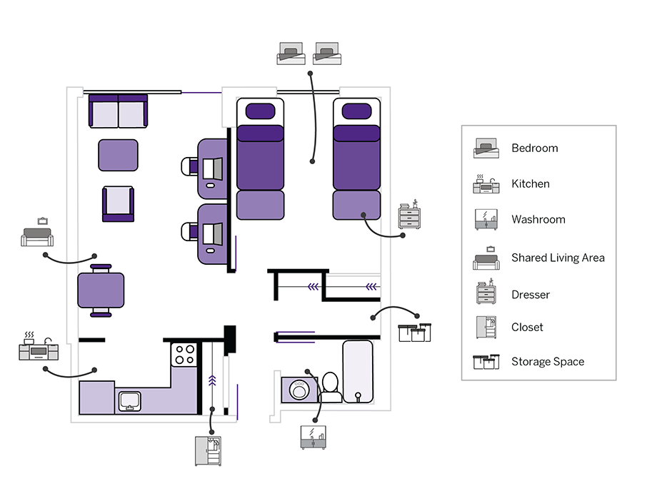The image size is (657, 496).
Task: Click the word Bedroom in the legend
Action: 534,148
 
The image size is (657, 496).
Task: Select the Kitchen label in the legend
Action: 530,184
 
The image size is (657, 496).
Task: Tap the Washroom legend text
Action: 538,220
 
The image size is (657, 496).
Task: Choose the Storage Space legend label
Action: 547,362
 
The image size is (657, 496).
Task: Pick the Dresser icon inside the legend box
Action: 486,293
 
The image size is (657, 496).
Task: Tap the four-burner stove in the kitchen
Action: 184,355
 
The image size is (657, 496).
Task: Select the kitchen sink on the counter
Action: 129,401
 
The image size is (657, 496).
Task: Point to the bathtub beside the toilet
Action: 358,371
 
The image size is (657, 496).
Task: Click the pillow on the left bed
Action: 260,111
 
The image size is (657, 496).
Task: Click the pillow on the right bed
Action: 356,111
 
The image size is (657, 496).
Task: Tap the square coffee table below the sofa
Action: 118,155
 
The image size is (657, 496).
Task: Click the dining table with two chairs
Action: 101,290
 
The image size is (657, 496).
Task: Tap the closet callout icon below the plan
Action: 208,451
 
